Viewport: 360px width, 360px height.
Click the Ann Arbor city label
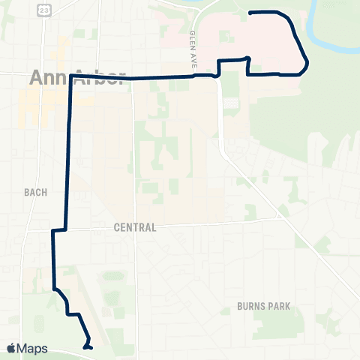(x=75, y=78)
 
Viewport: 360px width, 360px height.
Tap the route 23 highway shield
(x=44, y=9)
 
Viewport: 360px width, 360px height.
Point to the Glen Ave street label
(x=193, y=51)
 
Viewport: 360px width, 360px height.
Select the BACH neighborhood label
(x=34, y=192)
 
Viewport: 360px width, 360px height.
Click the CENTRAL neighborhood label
(x=135, y=227)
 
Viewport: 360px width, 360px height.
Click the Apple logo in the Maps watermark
(x=11, y=348)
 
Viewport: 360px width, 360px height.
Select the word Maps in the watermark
(x=33, y=348)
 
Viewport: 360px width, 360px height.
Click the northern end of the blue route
(x=250, y=13)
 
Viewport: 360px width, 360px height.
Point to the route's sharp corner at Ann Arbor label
(x=71, y=76)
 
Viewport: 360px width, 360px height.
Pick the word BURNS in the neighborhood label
(x=248, y=306)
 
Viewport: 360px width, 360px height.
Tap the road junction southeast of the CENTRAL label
(x=283, y=218)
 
